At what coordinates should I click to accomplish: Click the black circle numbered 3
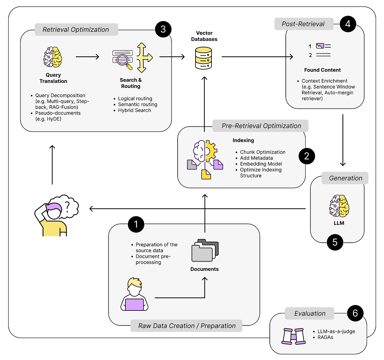coord(163,29)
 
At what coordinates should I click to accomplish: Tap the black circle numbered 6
coord(355,313)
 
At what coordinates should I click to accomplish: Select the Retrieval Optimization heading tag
coord(76,30)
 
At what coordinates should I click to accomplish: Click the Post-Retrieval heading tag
coord(303,24)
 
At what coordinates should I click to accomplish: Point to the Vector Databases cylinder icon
coord(204,58)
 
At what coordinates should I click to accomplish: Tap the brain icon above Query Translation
coord(53,57)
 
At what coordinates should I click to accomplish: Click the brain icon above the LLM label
coord(339,206)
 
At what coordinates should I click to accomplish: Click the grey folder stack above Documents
coord(205,250)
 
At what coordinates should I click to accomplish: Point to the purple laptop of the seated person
coord(134,304)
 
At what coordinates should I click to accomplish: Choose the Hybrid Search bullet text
coord(134,110)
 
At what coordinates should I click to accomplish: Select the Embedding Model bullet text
coord(261,164)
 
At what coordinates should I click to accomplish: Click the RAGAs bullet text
coord(325,337)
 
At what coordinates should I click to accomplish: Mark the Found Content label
coord(322,70)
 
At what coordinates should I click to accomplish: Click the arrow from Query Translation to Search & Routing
coord(87,57)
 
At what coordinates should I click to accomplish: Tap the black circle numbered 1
coord(136,224)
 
